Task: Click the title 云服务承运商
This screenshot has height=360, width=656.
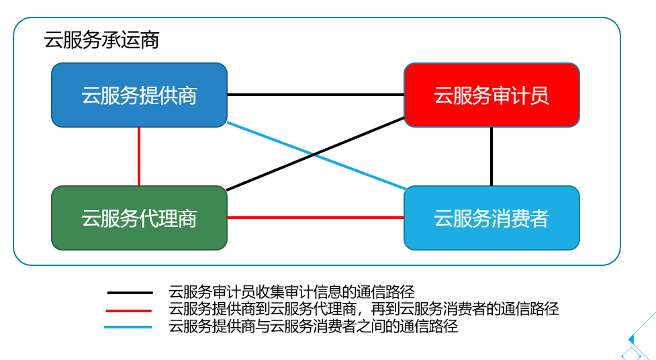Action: pyautogui.click(x=101, y=40)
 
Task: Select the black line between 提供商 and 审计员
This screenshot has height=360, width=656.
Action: pyautogui.click(x=316, y=95)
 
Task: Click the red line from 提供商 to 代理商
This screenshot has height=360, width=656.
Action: pyautogui.click(x=139, y=156)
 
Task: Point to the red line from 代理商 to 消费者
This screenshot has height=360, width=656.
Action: pyautogui.click(x=316, y=218)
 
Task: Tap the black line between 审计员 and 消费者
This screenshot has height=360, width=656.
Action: pyautogui.click(x=491, y=156)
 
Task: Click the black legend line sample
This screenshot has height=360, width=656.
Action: pyautogui.click(x=129, y=293)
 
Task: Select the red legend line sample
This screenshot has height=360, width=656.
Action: pyautogui.click(x=129, y=310)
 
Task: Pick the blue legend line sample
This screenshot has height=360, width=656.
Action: pyautogui.click(x=129, y=327)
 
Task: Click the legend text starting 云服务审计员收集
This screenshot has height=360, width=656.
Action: pyautogui.click(x=292, y=292)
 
